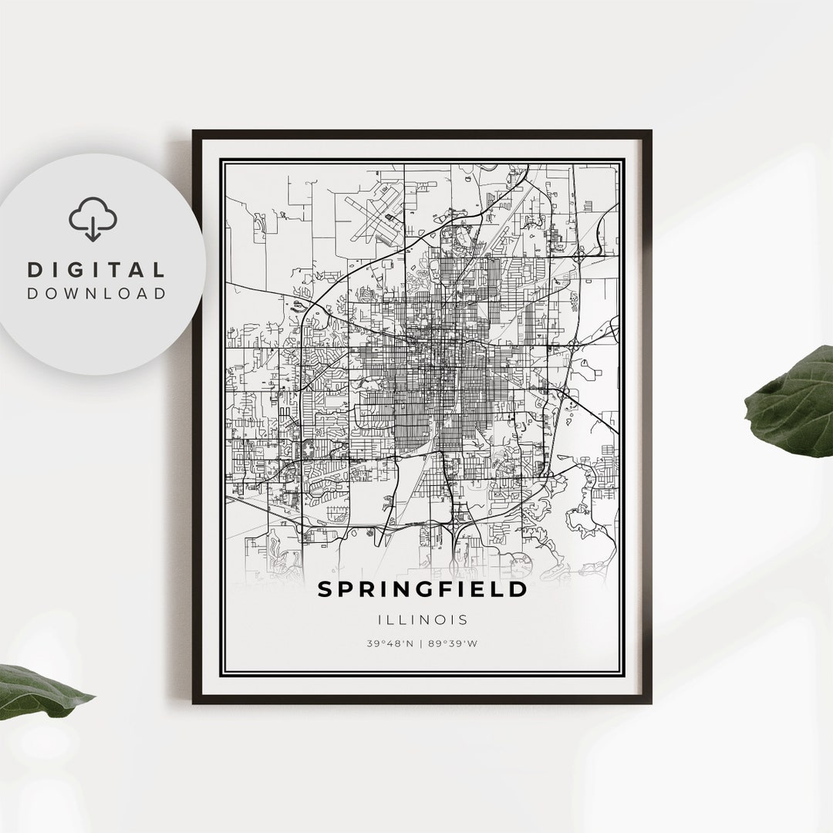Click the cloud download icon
93,219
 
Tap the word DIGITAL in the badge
97,270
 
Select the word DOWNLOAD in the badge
97,293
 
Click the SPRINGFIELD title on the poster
422,589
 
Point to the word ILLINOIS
422,619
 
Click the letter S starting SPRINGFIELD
325,589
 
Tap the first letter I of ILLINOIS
381,619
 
